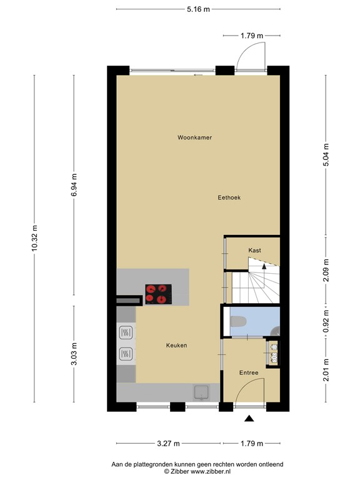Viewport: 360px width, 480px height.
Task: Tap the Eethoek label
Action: click(x=229, y=197)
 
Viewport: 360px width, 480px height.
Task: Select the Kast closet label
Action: click(x=254, y=250)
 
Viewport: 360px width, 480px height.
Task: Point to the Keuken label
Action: click(x=176, y=346)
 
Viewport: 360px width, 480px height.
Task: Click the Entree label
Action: click(x=249, y=372)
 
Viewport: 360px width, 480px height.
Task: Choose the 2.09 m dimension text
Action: click(x=326, y=270)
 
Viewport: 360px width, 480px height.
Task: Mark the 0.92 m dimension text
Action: click(x=326, y=321)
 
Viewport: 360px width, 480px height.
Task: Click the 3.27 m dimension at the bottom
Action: click(x=168, y=443)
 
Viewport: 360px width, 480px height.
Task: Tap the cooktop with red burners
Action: click(x=158, y=294)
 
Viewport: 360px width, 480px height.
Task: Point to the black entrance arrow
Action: click(x=249, y=419)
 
